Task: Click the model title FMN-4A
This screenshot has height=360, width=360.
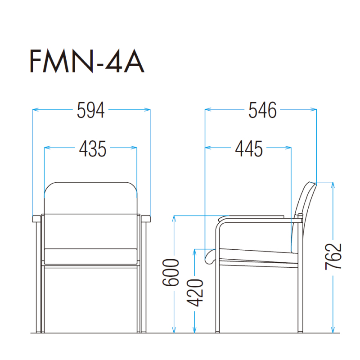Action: click(87, 61)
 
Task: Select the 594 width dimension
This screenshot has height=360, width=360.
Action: click(91, 110)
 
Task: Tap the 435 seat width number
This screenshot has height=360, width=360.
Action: click(93, 149)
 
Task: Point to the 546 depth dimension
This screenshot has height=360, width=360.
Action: click(262, 110)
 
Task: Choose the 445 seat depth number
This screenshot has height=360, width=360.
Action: click(249, 149)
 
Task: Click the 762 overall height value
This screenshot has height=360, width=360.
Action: click(333, 256)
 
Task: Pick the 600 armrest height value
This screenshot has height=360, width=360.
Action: click(171, 273)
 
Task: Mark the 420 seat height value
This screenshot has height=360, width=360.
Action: click(195, 293)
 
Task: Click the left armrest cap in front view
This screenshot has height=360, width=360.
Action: click(36, 219)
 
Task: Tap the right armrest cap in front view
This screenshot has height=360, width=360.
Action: click(146, 219)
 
